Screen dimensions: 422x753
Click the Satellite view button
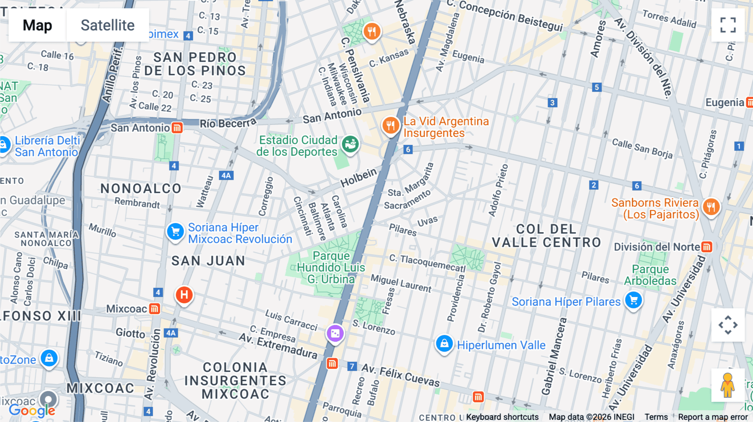108,25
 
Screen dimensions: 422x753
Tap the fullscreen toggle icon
728,25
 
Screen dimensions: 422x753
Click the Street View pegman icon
727,385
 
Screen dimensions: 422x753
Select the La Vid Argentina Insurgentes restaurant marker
390,125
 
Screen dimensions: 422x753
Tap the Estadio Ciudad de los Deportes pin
350,144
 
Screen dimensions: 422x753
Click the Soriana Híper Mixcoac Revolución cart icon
176,231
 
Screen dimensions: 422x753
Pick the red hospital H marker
184,295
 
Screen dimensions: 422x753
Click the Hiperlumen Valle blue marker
444,344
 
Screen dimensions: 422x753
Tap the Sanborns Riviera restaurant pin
711,206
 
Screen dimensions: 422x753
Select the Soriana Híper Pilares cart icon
633,300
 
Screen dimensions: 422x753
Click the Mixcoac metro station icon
154,309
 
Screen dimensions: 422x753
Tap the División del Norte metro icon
707,247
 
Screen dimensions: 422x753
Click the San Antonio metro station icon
177,128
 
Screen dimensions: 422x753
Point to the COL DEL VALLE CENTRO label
546,236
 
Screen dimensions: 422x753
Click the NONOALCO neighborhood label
141,188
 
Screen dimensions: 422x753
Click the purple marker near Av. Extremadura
335,333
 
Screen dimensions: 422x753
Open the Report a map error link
713,417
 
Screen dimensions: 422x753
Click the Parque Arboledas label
650,275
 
